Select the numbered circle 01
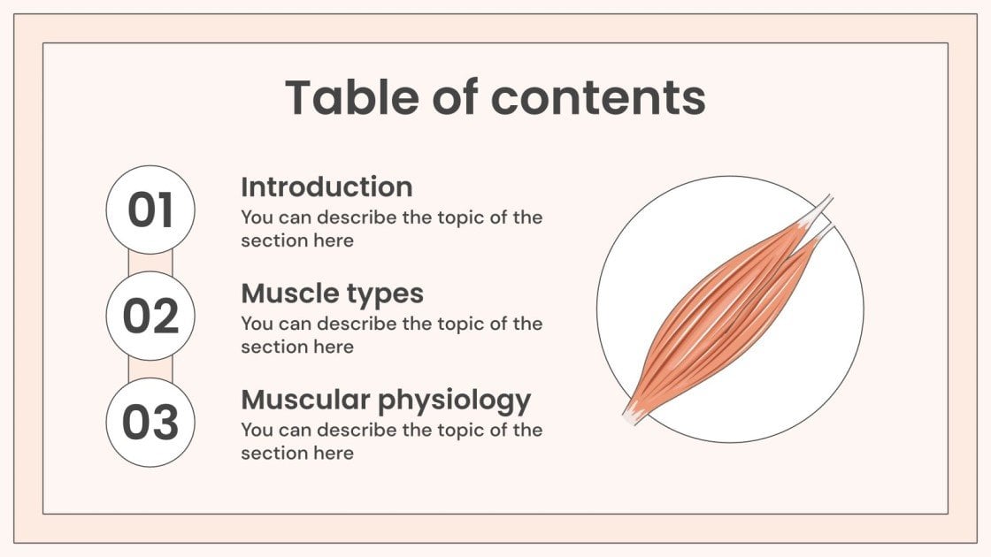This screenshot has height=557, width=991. (x=150, y=210)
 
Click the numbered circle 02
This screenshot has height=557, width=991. (x=150, y=317)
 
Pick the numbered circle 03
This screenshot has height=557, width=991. (x=150, y=423)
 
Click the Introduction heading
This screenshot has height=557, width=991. (x=326, y=187)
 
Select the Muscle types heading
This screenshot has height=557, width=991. (x=332, y=294)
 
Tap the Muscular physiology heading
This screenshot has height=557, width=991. (x=386, y=401)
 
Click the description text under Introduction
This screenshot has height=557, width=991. (x=391, y=228)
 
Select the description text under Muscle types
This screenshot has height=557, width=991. (x=391, y=335)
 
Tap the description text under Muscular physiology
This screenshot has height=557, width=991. (x=391, y=441)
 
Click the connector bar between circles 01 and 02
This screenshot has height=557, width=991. (x=150, y=263)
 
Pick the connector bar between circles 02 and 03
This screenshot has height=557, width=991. (x=150, y=370)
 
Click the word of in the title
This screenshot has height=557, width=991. (x=454, y=97)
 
